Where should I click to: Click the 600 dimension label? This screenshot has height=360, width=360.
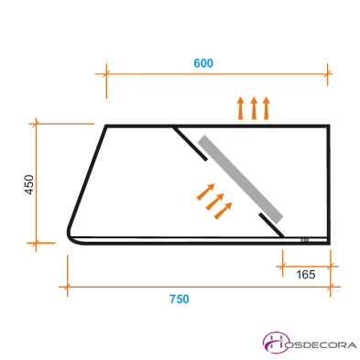[x=202, y=63]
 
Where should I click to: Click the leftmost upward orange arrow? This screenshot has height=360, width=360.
[x=241, y=108]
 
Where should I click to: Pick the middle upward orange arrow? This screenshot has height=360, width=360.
[x=254, y=108]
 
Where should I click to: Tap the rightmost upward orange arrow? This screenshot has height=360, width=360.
[x=267, y=108]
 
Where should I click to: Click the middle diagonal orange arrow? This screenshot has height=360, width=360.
[x=214, y=201]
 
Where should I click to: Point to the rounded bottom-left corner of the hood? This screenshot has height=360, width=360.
[x=71, y=237]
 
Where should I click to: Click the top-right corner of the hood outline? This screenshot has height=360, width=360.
[x=329, y=125]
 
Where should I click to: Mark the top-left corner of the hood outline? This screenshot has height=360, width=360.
[x=107, y=125]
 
